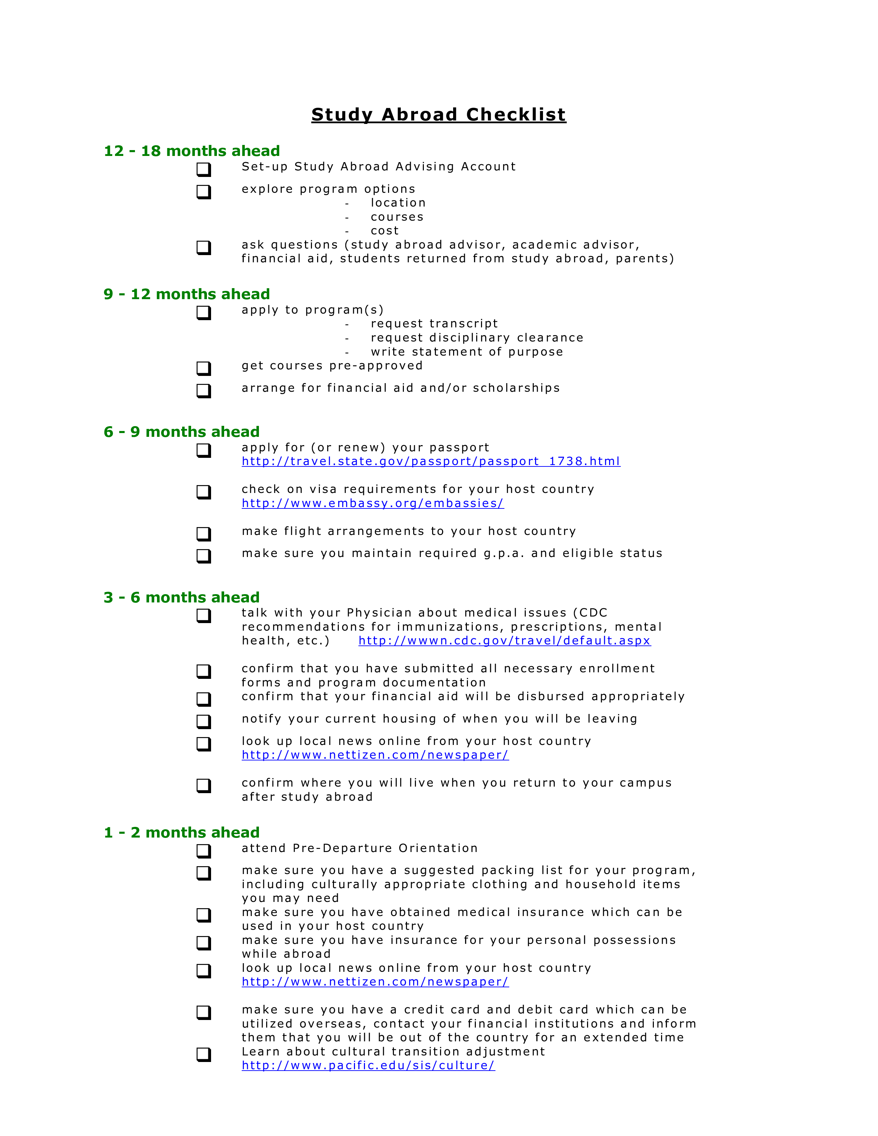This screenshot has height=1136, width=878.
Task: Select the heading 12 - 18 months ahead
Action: tap(192, 151)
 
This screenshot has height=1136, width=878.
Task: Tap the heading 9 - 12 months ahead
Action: tap(187, 294)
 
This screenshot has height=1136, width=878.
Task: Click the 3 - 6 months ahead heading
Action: tap(181, 597)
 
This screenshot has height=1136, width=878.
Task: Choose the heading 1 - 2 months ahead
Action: tap(181, 832)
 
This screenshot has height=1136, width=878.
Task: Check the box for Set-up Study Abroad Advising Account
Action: tap(203, 169)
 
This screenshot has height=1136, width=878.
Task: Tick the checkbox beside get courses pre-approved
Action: tap(203, 368)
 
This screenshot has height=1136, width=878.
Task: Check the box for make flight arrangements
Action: tap(203, 534)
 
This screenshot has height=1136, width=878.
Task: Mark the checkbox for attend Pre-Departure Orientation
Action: tap(203, 851)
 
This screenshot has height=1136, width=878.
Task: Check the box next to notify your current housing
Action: tap(203, 722)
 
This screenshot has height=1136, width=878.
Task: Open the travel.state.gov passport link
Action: tap(431, 461)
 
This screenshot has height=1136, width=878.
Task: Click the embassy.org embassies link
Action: tap(373, 504)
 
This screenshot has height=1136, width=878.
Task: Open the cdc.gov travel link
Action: tap(504, 641)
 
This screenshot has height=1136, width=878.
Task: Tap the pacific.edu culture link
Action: tap(368, 1065)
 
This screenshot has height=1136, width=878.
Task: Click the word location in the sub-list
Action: tap(398, 203)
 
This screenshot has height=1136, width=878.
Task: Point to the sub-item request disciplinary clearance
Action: tap(477, 338)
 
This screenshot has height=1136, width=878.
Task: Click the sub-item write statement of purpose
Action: tap(467, 352)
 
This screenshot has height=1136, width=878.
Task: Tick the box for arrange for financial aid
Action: tap(203, 391)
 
